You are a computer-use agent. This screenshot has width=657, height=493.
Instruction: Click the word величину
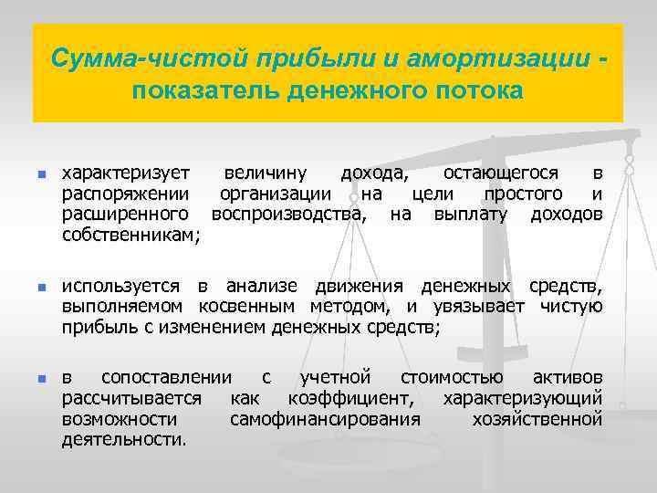[x=266, y=173]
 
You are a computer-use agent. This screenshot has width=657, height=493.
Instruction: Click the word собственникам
[x=130, y=236]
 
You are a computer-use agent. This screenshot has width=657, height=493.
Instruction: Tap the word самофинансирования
[x=325, y=419]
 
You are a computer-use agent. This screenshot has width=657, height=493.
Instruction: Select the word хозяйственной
[x=537, y=419]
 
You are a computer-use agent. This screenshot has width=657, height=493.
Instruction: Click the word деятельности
[x=123, y=440]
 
